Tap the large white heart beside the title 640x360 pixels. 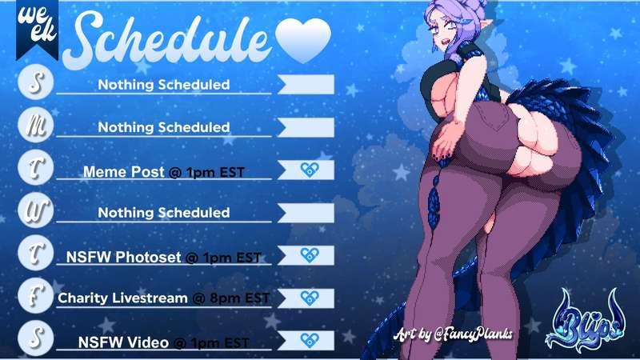pyautogui.click(x=303, y=40)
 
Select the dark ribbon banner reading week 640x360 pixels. pyautogui.click(x=37, y=29)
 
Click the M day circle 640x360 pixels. pyautogui.click(x=36, y=125)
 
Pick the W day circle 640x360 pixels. pyautogui.click(x=36, y=210)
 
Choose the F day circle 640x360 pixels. pyautogui.click(x=36, y=295)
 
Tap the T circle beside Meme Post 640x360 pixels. pyautogui.click(x=36, y=167)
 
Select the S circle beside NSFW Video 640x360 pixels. pyautogui.click(x=36, y=338)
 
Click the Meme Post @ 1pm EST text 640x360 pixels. pyautogui.click(x=164, y=172)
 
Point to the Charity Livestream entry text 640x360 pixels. pyautogui.click(x=164, y=298)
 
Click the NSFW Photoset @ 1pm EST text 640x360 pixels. pyautogui.click(x=164, y=257)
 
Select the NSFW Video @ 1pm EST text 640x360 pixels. pyautogui.click(x=164, y=342)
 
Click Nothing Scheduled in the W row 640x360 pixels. pyautogui.click(x=164, y=212)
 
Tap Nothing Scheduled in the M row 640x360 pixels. pyautogui.click(x=164, y=127)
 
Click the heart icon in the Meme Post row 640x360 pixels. pyautogui.click(x=310, y=170)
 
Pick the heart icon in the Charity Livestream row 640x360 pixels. pyautogui.click(x=310, y=298)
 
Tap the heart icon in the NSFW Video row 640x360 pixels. pyautogui.click(x=310, y=340)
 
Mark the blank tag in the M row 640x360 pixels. pyautogui.click(x=306, y=127)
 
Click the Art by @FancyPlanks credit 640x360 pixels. pyautogui.click(x=453, y=334)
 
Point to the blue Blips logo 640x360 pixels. pyautogui.click(x=586, y=322)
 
